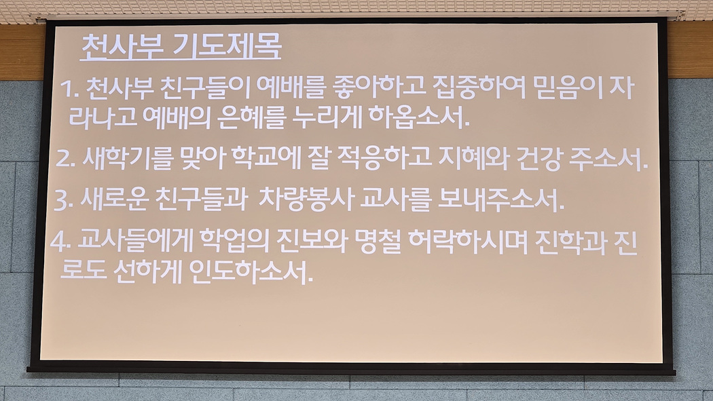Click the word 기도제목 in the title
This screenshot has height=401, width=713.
coord(227,46)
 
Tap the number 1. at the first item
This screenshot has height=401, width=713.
coord(69,89)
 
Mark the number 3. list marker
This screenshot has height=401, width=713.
coord(63,200)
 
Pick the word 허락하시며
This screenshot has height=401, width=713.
coord(468,242)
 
